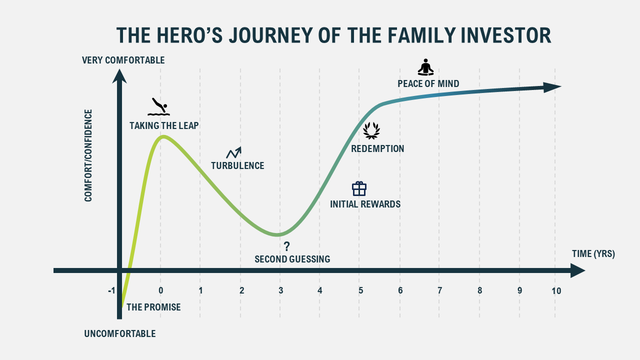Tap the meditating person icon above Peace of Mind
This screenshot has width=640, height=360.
[426, 67]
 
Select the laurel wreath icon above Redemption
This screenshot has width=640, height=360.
[371, 130]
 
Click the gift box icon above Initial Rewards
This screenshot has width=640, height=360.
[359, 188]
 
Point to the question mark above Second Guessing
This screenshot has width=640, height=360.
[286, 246]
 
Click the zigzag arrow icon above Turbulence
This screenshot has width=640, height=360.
[233, 152]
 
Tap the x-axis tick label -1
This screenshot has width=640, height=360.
[111, 290]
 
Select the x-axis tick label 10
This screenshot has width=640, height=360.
[555, 290]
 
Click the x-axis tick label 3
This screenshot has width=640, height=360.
[280, 290]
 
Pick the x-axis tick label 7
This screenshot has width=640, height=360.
[439, 290]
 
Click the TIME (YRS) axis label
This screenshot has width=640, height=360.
[593, 253]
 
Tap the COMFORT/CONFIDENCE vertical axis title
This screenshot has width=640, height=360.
[88, 155]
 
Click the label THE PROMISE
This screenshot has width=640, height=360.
[153, 307]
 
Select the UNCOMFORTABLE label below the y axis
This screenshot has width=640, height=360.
[119, 333]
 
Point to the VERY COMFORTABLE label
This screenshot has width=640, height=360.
[123, 60]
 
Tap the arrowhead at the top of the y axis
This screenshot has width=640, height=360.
[119, 75]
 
